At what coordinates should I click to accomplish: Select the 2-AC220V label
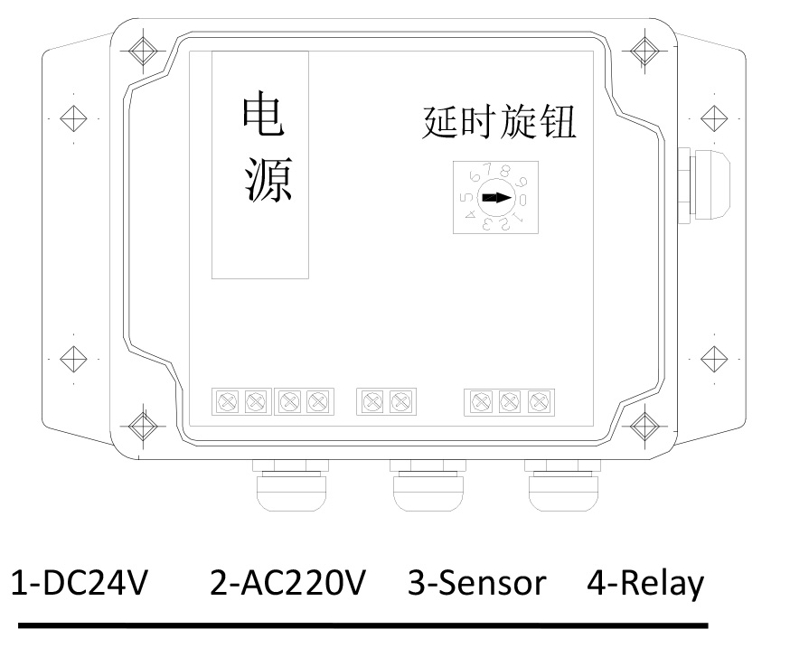click(x=287, y=584)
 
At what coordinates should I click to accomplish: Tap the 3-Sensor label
click(x=477, y=584)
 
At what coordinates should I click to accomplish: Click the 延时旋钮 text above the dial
click(x=498, y=124)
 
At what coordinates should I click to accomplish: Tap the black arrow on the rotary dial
click(x=495, y=198)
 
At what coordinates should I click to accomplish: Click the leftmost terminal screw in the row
click(x=227, y=399)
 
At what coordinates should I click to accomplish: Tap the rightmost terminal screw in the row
click(x=539, y=399)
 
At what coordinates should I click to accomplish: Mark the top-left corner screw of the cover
click(x=142, y=49)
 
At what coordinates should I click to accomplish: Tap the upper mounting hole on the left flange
click(x=72, y=118)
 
